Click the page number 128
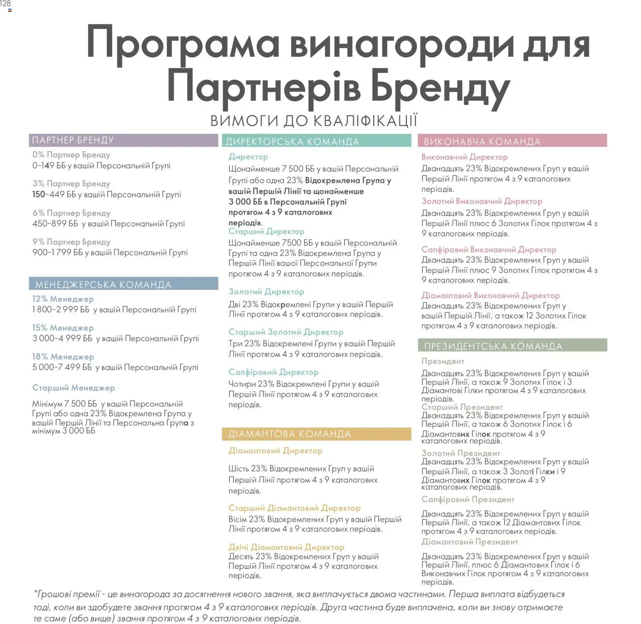pos(5,4)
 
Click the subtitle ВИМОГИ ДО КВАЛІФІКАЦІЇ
pos(314,121)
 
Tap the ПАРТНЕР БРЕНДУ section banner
pos(123,140)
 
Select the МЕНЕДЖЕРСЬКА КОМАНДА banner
pos(123,284)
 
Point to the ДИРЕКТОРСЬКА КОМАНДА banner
pos(316,141)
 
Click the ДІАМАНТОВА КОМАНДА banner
pos(316,434)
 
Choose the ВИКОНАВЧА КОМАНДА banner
pos(512,141)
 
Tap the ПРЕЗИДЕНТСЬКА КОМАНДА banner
pos(512,346)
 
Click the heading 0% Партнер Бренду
pos(71,155)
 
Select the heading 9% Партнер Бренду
pos(71,242)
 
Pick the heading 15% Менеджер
pos(63,328)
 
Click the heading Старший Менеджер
pos(74,388)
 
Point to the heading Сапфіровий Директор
pos(273,372)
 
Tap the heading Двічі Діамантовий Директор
pos(286,547)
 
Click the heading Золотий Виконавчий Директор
pos(482,202)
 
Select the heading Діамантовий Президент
pos(469,542)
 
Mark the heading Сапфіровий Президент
pos(468,499)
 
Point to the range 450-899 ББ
pos(55,224)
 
